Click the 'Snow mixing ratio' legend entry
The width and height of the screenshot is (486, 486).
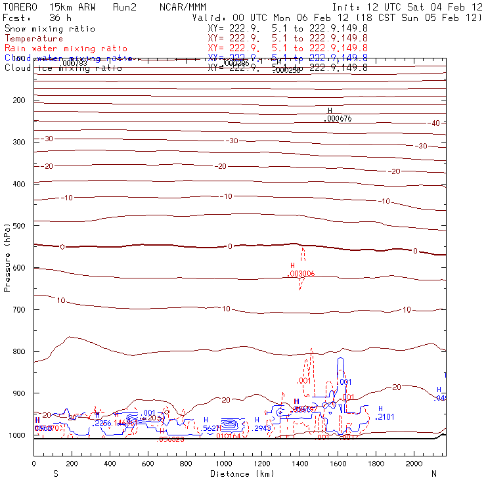(x=50, y=29)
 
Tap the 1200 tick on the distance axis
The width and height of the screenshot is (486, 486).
(x=263, y=464)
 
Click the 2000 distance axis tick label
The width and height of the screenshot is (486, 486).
(x=415, y=464)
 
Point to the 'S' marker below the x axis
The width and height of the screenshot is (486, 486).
(x=56, y=474)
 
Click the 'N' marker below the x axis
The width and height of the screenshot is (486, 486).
(x=433, y=474)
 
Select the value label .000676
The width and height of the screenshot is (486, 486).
(x=339, y=119)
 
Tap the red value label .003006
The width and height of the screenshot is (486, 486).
(x=302, y=273)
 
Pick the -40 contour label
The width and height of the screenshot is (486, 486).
(x=434, y=123)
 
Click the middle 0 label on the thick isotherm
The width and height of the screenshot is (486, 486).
(x=230, y=246)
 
